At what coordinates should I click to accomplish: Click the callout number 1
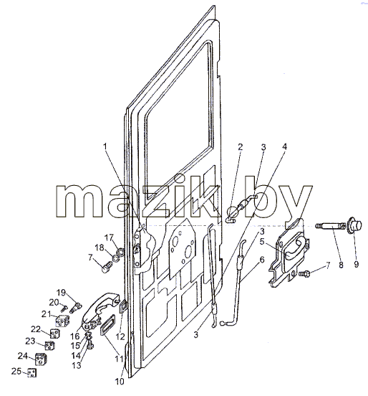click(105, 147)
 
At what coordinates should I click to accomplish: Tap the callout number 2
click(241, 147)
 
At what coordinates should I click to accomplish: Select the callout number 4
click(284, 147)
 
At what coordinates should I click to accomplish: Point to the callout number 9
click(356, 265)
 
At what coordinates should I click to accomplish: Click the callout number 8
click(341, 265)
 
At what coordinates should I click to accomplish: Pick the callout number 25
click(16, 372)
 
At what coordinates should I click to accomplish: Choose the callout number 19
click(61, 293)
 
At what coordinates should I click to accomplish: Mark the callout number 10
click(120, 382)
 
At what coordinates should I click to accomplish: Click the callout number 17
click(109, 237)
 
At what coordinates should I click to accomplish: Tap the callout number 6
click(262, 260)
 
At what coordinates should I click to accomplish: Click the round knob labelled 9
click(355, 225)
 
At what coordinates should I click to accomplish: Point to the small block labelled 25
click(32, 373)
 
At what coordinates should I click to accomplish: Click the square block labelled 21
click(62, 321)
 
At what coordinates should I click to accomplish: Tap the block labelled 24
click(41, 359)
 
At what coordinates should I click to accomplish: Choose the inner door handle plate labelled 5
click(290, 255)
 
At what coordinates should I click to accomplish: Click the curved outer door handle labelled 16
click(102, 311)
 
